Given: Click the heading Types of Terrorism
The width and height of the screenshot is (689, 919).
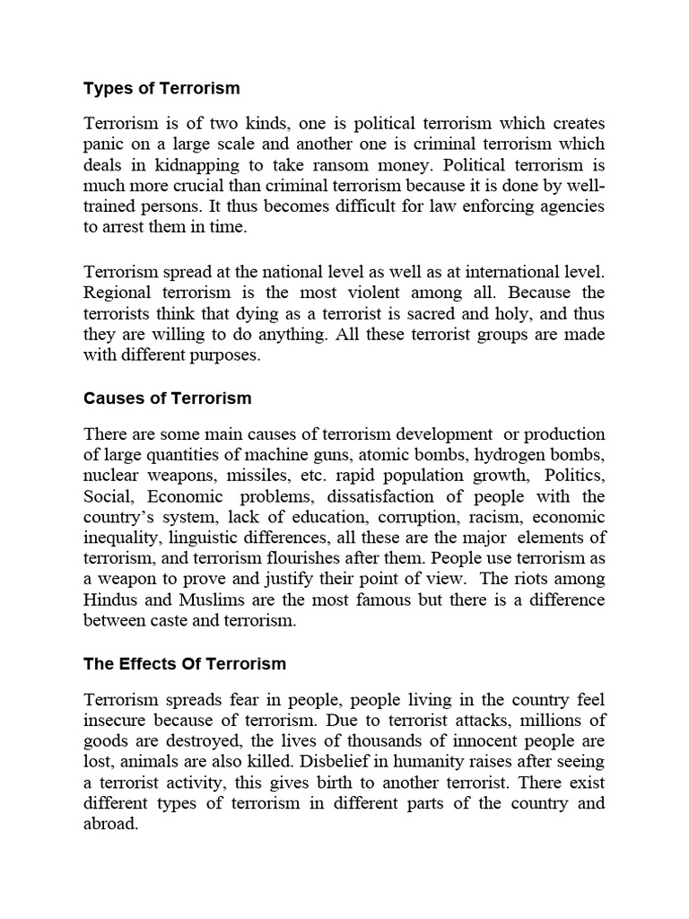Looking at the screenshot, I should point(161,88).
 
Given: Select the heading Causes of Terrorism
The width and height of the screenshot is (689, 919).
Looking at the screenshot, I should point(168,398).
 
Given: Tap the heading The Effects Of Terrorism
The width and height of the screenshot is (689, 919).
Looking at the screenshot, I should point(185,664).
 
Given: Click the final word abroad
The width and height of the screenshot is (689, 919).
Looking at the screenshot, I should point(111,825).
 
